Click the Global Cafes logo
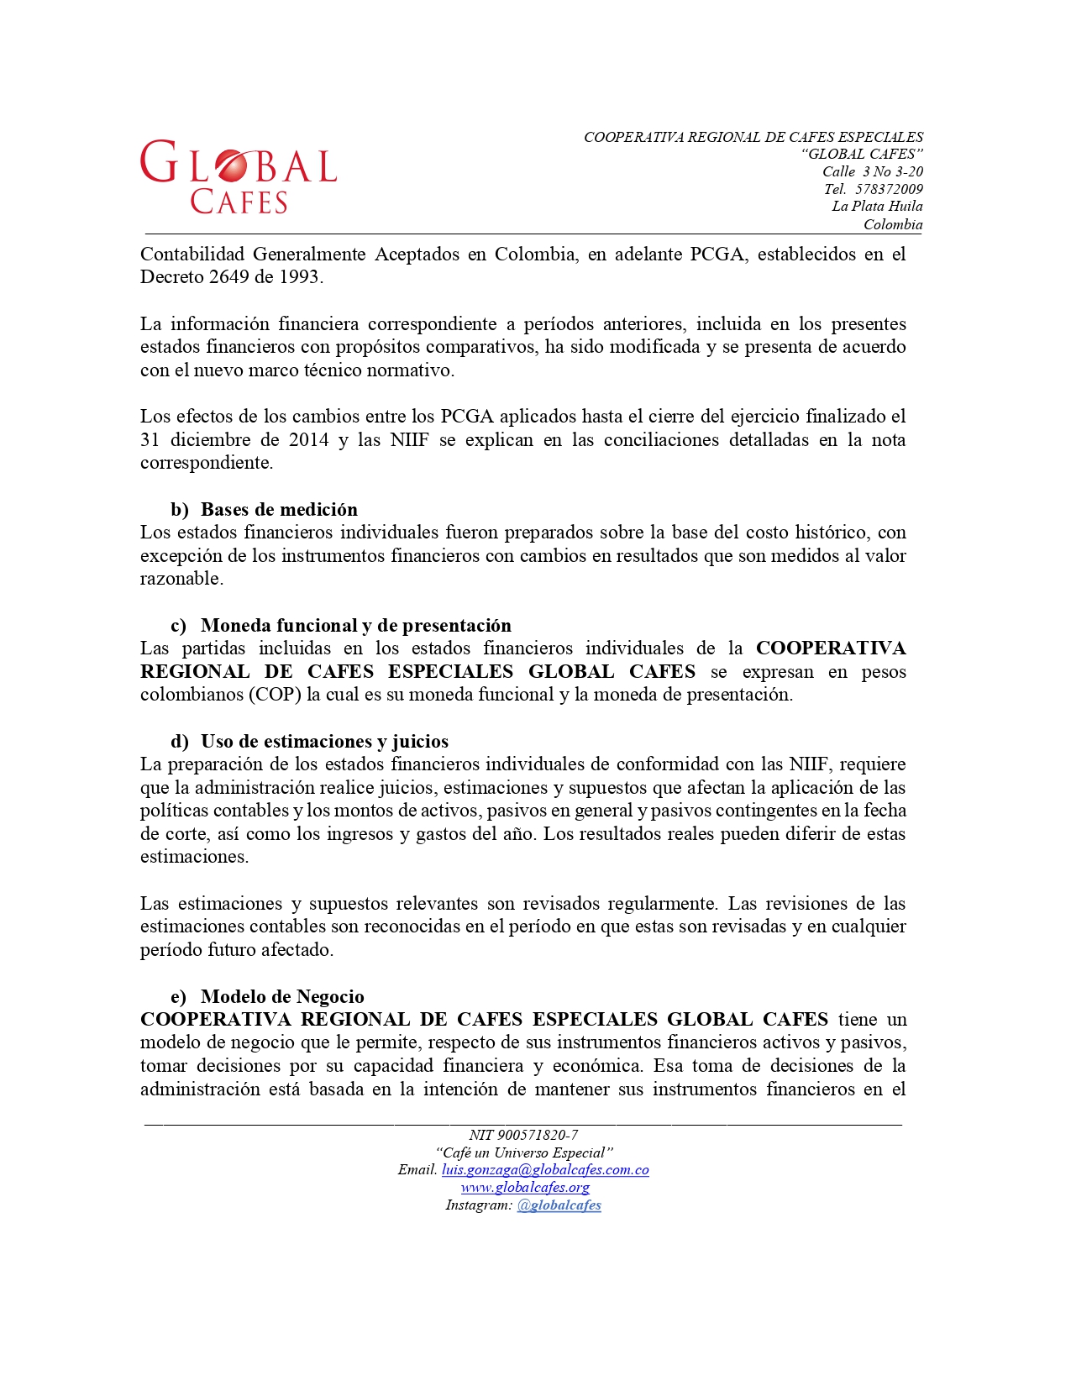coord(238,176)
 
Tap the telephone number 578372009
coord(889,189)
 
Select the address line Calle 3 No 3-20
coord(872,171)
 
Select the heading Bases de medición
coord(279,509)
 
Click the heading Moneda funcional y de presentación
coord(355,625)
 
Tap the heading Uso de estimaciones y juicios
coord(324,741)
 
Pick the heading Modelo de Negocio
coord(282,996)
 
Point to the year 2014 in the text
coord(308,439)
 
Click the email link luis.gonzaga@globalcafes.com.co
coord(545,1170)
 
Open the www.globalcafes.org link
coord(525,1188)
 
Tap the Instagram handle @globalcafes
coord(559,1205)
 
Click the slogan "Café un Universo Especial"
coord(524,1152)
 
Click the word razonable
coord(181,579)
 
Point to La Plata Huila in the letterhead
coord(877,207)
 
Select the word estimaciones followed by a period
coord(194,857)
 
